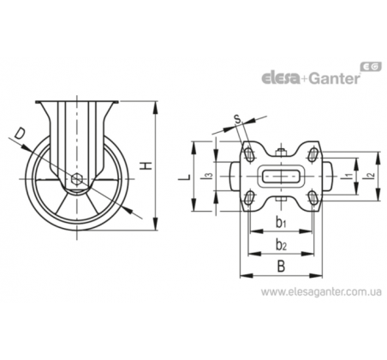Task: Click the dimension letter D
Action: point(20,134)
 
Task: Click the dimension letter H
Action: point(147,165)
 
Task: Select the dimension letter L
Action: point(185,177)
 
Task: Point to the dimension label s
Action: point(238,119)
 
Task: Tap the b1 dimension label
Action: point(281,222)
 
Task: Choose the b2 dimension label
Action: point(281,244)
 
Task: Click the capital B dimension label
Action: point(281,267)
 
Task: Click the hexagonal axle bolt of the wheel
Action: point(77,179)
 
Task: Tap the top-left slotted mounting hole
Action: point(249,154)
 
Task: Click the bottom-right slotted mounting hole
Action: point(313,198)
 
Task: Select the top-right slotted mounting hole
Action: point(313,154)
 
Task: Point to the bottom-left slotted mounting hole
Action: point(249,197)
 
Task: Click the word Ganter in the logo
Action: point(334,78)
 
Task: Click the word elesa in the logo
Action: point(281,78)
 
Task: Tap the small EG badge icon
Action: point(371,66)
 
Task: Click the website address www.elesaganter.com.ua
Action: point(321,292)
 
